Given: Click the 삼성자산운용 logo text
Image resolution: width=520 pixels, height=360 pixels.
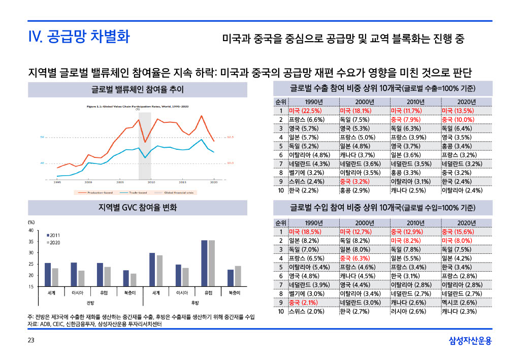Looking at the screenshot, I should click(x=470, y=341).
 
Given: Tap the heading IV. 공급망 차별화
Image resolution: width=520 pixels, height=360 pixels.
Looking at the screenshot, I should click(x=79, y=37).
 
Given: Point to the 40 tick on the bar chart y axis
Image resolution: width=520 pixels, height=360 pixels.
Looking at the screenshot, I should click(x=31, y=230).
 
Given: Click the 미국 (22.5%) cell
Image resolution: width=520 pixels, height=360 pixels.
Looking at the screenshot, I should click(x=303, y=110).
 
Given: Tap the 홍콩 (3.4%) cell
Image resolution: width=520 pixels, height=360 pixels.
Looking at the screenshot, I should click(x=457, y=146).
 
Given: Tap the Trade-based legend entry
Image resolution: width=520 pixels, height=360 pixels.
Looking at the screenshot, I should click(x=132, y=193).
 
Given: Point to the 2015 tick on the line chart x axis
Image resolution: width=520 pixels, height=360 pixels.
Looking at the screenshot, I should click(x=182, y=182).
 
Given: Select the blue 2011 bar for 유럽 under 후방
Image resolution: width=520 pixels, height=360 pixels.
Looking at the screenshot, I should click(x=204, y=264).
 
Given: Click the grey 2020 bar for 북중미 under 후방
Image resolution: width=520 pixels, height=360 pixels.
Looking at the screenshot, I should click(x=238, y=276).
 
